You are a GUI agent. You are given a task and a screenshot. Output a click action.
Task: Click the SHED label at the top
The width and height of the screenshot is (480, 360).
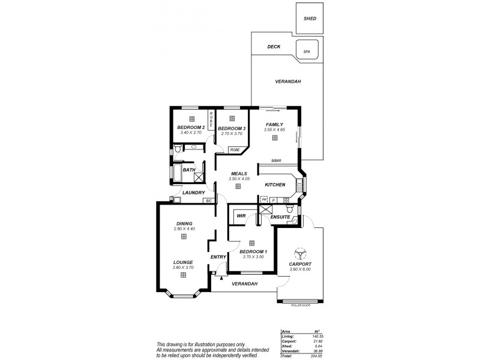pyautogui.click(x=310, y=19)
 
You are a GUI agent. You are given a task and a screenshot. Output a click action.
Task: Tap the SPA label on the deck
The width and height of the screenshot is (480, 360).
pyautogui.click(x=306, y=52)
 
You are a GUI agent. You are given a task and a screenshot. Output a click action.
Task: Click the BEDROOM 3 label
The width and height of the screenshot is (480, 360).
pyautogui.click(x=231, y=128)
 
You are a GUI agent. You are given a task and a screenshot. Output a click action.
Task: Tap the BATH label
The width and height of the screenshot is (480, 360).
pyautogui.click(x=188, y=170)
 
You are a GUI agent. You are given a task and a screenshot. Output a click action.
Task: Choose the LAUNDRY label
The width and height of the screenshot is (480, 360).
pyautogui.click(x=185, y=193)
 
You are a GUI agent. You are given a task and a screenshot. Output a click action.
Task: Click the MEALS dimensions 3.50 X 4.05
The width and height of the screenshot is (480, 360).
pyautogui.click(x=238, y=179)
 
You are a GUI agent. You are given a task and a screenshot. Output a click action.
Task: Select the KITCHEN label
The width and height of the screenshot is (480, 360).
pyautogui.click(x=275, y=185)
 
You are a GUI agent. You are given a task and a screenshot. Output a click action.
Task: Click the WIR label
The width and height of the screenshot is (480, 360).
pyautogui.click(x=241, y=215)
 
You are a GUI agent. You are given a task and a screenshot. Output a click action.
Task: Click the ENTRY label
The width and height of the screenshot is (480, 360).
pyautogui.click(x=218, y=257)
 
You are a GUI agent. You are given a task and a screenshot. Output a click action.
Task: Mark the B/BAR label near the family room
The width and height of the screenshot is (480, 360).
pyautogui.click(x=276, y=160)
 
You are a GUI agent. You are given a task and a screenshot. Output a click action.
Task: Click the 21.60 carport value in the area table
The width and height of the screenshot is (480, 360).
pyautogui.click(x=311, y=341)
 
